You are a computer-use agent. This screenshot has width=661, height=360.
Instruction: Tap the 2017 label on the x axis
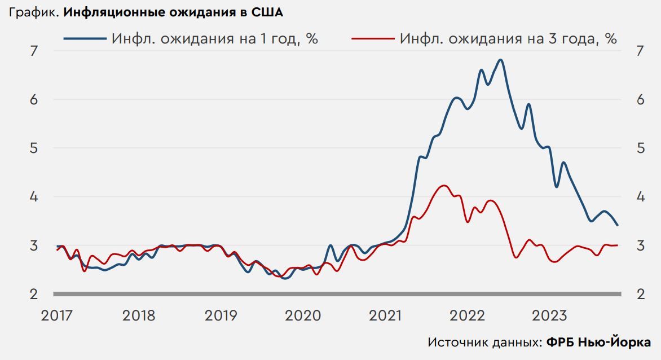pos(57,315)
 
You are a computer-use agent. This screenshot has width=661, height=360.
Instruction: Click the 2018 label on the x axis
pos(139,315)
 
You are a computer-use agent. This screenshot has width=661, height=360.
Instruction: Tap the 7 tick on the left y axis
pos(33,51)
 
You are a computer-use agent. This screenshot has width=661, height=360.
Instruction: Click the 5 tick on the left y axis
pos(33,148)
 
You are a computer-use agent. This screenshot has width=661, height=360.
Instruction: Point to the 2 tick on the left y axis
pos(33,295)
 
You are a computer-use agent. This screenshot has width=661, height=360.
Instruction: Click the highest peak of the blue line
pos(501,60)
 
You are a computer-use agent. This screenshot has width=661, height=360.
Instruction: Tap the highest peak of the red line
pos(444,186)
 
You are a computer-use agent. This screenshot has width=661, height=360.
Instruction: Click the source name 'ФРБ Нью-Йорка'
pos(598,343)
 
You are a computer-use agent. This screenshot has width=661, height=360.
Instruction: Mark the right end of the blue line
pos(618,225)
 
